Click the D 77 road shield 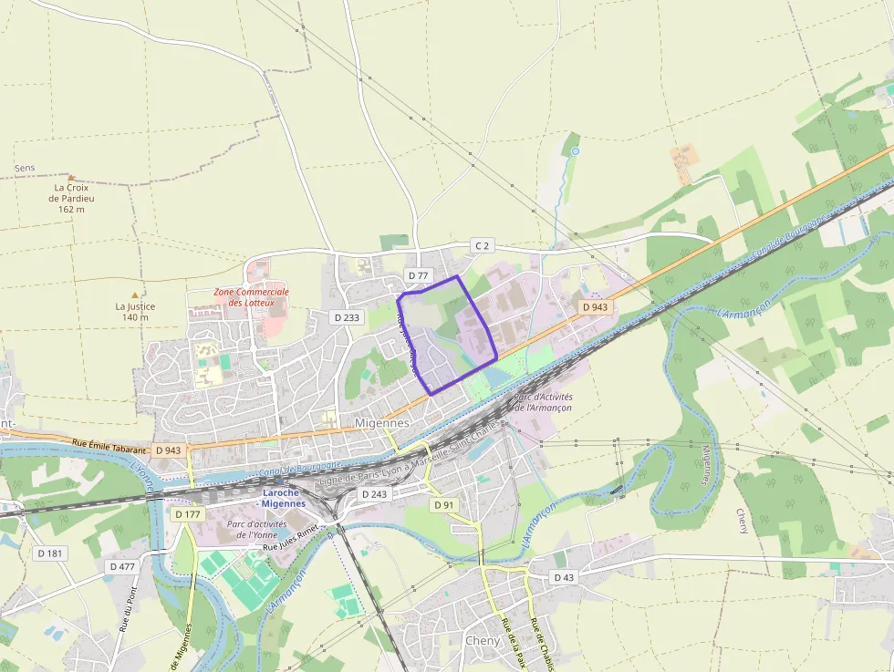coord(418,274)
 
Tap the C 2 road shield coord(482,245)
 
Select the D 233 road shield coord(347,317)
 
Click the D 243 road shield coord(374,493)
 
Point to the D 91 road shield coord(443,504)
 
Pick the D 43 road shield coord(564,577)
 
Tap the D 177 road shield coord(186,514)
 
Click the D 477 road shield coord(122,566)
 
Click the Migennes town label coord(381,423)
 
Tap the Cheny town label coord(483,640)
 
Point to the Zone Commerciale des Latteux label coord(251,296)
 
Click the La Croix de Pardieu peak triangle coord(71,178)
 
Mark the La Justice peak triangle coord(135,295)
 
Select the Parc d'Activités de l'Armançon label coord(543,402)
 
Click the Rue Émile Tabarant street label coord(109,448)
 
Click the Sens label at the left coord(25,169)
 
